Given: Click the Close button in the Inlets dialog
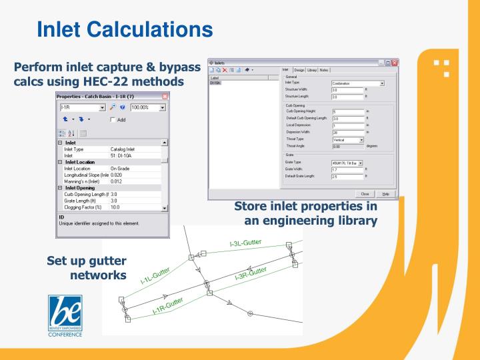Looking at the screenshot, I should [365, 193].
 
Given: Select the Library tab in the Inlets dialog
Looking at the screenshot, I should [312, 70].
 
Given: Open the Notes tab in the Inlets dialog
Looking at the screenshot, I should [324, 70].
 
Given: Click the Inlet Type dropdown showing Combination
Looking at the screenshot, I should [358, 83].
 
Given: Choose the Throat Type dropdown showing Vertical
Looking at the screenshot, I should [348, 140].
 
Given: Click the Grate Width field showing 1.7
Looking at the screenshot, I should [347, 169].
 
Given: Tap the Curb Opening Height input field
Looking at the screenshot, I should [347, 111].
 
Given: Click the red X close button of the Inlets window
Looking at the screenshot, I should [395, 62].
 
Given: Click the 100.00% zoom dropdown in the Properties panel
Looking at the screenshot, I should [149, 107].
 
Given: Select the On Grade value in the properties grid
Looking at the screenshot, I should [123, 168].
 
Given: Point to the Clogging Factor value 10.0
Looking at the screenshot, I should [116, 207].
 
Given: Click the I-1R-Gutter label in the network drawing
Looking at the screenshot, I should [167, 305].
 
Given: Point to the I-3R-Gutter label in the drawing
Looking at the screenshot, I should [251, 273].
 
